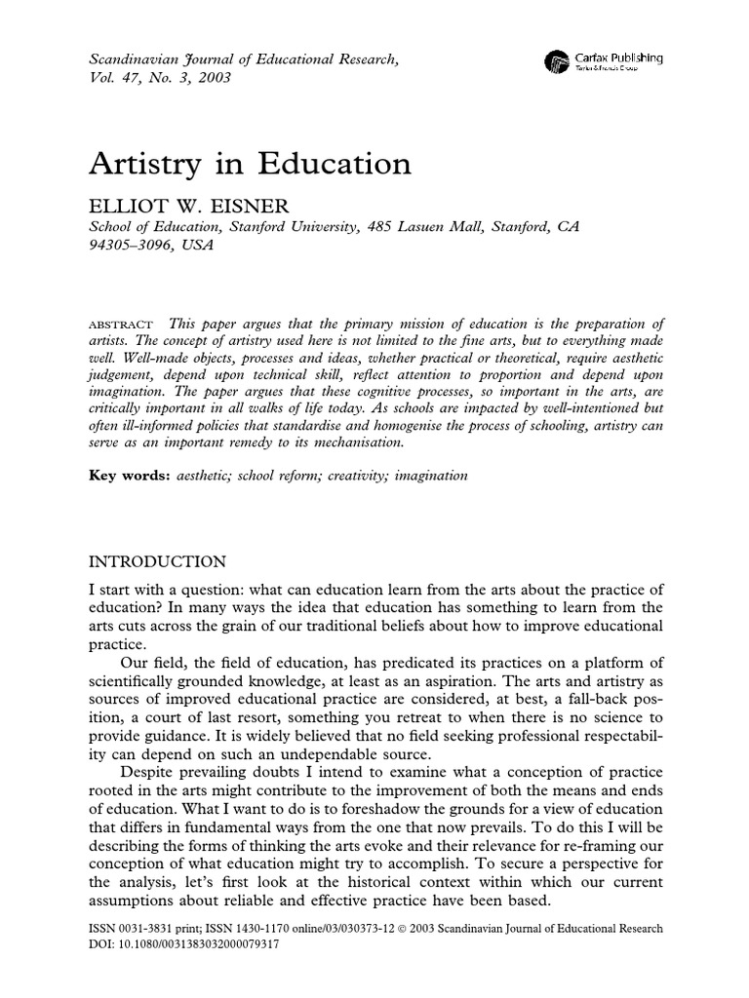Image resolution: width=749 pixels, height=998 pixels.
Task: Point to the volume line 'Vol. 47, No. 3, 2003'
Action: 160,78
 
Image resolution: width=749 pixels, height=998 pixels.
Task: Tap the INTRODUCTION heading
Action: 158,561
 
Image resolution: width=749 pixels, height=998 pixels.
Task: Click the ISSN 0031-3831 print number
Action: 152,929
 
